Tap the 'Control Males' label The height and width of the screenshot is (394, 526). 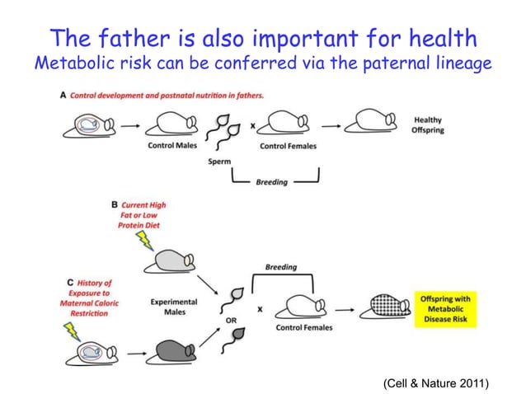171,146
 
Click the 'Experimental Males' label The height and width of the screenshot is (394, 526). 173,307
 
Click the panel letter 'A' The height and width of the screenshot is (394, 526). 64,95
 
